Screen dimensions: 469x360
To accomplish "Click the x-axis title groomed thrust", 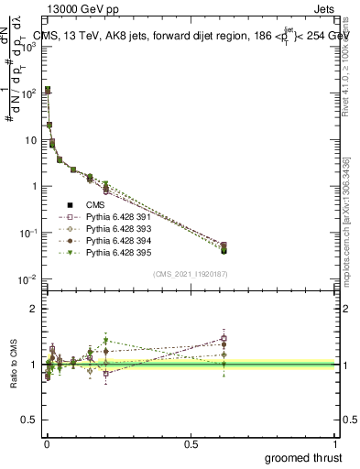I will tap(305, 457).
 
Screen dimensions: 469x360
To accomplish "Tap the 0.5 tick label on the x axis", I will tap(191, 443).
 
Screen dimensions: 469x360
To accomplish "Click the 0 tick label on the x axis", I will tap(46, 443).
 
